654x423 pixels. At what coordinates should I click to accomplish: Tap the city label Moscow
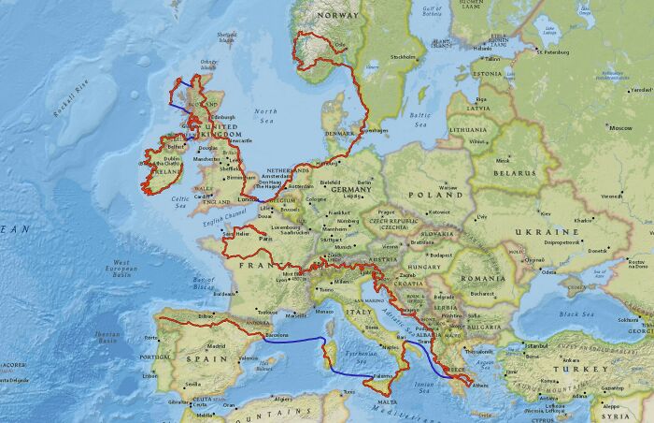(620, 127)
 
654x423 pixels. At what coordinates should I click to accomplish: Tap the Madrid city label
(217, 345)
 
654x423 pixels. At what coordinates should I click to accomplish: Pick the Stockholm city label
(403, 57)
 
